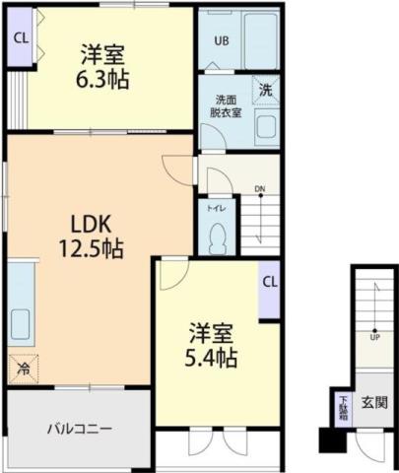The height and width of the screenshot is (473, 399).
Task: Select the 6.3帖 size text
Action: (101, 79)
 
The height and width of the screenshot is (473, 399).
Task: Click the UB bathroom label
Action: (222, 41)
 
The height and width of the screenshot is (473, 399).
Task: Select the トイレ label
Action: (215, 208)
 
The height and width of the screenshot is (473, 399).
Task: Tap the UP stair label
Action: (374, 336)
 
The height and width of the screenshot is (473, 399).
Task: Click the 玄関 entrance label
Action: (373, 402)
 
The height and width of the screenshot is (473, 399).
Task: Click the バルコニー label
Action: (79, 429)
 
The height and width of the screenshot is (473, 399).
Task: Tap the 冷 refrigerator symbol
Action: (22, 370)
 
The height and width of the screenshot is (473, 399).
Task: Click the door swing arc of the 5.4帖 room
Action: (171, 272)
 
